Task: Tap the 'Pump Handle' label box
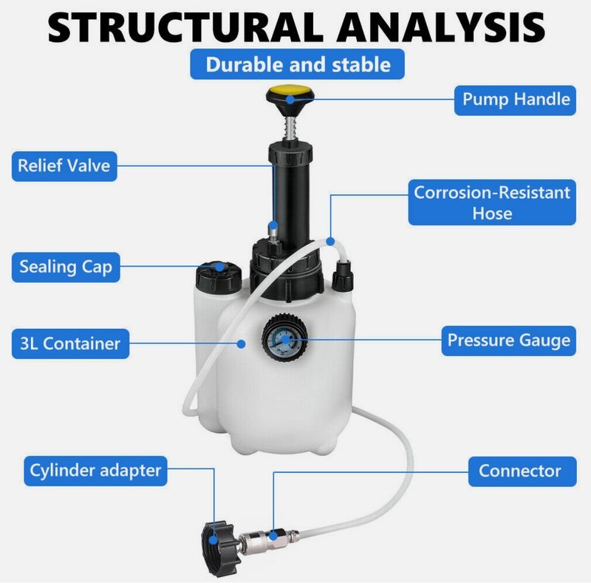(515, 99)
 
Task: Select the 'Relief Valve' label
(64, 166)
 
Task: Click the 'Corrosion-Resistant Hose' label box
(492, 202)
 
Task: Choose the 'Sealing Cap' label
(66, 266)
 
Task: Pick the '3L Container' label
(70, 343)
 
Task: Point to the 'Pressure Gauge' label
(508, 341)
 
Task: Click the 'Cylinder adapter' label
(95, 469)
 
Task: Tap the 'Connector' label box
(519, 471)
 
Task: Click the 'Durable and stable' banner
(298, 64)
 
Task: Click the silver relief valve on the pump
(273, 236)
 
